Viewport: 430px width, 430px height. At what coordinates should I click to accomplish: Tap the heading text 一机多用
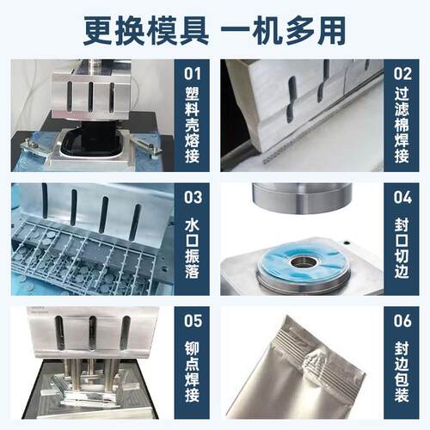(284, 29)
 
